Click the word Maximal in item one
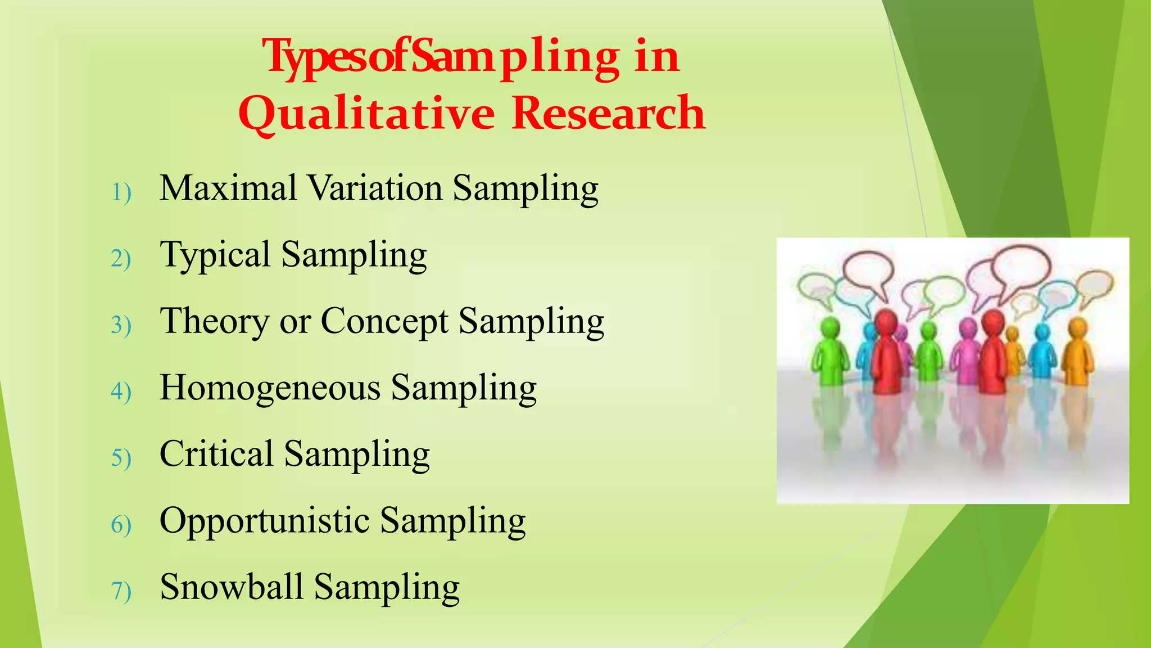(x=228, y=188)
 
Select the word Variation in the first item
(x=375, y=188)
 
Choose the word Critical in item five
(x=216, y=454)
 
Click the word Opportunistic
(x=265, y=521)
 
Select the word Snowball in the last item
(x=232, y=587)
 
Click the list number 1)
(x=121, y=193)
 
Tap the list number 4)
(x=121, y=392)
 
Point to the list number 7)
(x=121, y=592)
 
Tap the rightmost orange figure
(x=1077, y=352)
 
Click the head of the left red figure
(x=887, y=322)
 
